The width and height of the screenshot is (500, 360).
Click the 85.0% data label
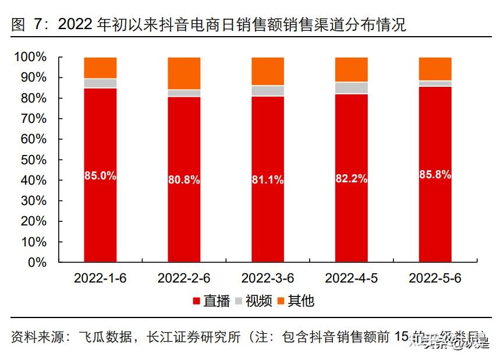pos(100,175)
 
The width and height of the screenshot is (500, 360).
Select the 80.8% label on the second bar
pos(184,180)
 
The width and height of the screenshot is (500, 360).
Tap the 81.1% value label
pos(268,180)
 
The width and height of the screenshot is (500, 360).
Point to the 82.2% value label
pos(352,179)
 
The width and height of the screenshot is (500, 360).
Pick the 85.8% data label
pos(435,174)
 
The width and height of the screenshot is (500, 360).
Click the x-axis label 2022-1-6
pos(100,278)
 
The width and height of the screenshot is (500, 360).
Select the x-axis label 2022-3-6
pos(268,278)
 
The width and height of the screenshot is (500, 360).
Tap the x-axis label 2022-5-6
pos(435,278)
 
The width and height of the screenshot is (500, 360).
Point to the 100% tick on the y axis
pos(30,57)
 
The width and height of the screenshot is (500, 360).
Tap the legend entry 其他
pos(295,301)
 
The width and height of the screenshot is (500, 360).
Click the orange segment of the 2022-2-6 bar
pos(184,73)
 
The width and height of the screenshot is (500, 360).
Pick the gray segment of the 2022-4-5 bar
pos(352,88)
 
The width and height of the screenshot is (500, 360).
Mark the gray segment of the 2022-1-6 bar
pos(100,83)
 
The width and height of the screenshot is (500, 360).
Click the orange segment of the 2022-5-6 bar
pos(435,69)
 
